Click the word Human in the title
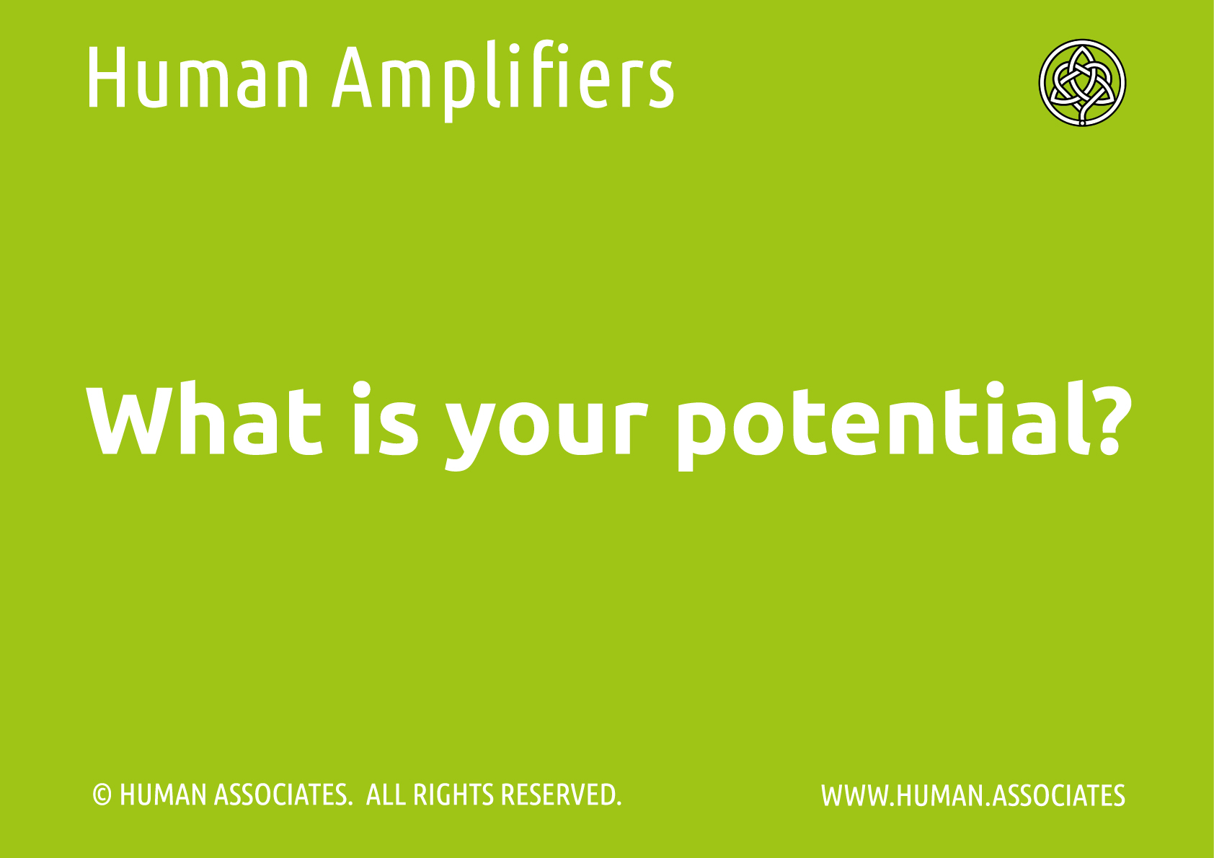[198, 77]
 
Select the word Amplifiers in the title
[503, 81]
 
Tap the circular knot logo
[1082, 82]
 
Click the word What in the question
[204, 417]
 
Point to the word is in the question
[386, 417]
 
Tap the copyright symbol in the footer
[102, 795]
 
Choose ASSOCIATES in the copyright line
[283, 795]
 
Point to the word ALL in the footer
[386, 795]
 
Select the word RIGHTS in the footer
[453, 795]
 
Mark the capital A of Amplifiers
[353, 77]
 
